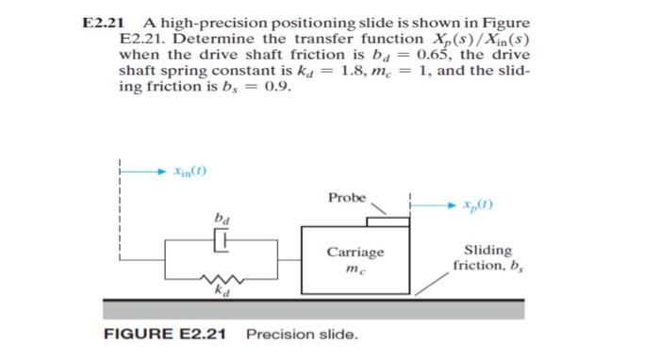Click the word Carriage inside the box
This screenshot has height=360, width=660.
point(355,253)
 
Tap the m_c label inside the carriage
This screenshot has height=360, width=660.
point(355,270)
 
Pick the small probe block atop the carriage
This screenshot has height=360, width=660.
point(387,221)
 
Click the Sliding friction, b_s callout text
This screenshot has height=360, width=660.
point(488,257)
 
